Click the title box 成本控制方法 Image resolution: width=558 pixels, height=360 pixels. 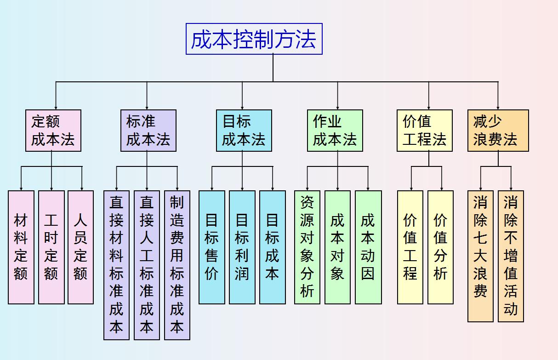click(x=254, y=39)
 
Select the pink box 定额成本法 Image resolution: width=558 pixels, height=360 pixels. click(x=53, y=131)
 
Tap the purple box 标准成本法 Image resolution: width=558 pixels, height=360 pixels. click(x=148, y=131)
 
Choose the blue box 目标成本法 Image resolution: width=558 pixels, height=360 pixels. click(x=244, y=131)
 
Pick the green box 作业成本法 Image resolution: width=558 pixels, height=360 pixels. click(x=335, y=131)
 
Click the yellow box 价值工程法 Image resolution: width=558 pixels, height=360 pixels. click(x=424, y=131)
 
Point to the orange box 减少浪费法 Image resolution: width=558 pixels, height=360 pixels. click(x=498, y=131)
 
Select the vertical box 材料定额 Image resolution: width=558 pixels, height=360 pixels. click(x=21, y=247)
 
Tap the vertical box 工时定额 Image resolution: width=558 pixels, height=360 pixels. click(x=51, y=247)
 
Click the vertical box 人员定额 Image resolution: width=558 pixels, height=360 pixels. click(x=80, y=247)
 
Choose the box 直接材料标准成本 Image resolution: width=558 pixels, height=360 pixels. click(x=116, y=265)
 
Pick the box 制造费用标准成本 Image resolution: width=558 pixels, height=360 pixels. click(x=177, y=265)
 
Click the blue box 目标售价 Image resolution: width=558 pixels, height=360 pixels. click(x=211, y=247)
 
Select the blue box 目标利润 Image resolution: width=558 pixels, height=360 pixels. click(x=242, y=247)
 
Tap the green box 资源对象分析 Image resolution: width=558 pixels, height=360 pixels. click(x=307, y=247)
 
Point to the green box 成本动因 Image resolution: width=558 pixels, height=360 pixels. click(x=368, y=247)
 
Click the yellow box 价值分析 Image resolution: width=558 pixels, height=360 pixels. click(x=440, y=247)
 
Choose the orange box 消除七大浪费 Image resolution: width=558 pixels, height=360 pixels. click(x=480, y=256)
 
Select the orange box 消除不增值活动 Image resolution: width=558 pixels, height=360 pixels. click(x=511, y=256)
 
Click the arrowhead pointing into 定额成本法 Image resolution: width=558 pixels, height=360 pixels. click(x=56, y=107)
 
